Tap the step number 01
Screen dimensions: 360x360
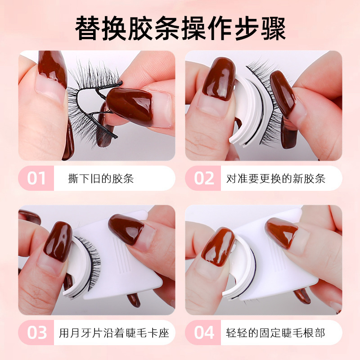click(36, 178)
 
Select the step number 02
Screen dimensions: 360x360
click(204, 178)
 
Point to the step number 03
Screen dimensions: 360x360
click(37, 333)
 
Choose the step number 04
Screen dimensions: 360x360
click(204, 333)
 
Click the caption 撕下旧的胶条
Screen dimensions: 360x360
click(101, 178)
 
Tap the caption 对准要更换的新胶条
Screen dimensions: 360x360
click(276, 178)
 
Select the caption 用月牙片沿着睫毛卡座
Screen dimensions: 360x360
click(114, 333)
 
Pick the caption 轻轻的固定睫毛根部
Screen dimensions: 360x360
click(275, 333)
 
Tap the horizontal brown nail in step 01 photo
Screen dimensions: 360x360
click(130, 106)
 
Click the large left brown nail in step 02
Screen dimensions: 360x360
click(219, 79)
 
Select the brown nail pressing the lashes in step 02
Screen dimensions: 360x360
click(283, 93)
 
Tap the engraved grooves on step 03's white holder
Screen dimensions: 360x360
click(121, 255)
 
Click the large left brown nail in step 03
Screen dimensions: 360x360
click(58, 242)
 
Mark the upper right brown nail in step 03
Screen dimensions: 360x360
click(126, 229)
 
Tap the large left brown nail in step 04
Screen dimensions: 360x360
click(218, 247)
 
